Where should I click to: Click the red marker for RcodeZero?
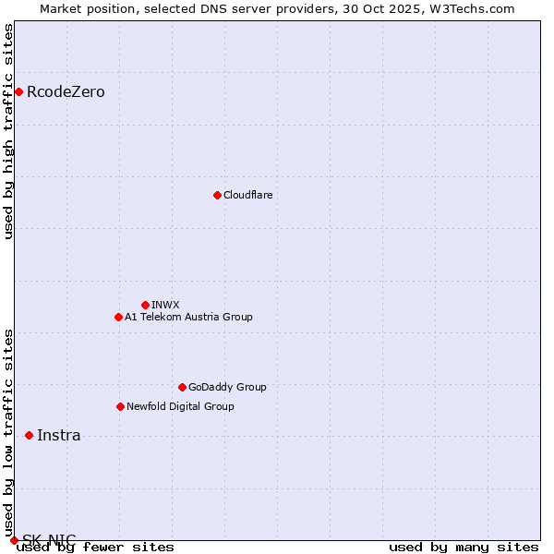18,91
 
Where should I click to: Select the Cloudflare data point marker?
217,195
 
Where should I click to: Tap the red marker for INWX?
145,305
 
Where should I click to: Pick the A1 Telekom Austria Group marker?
118,317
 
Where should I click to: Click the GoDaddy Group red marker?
182,387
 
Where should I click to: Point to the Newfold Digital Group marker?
120,406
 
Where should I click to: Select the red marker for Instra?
29,435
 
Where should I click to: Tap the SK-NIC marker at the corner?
14,540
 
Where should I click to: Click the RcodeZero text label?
66,91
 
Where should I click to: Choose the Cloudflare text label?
247,195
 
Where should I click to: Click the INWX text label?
165,305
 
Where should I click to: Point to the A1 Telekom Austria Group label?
188,317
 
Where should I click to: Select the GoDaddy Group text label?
227,387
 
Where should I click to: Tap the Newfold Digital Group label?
180,406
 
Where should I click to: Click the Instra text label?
58,435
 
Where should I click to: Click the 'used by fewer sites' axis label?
95,547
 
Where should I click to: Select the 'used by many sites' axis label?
463,547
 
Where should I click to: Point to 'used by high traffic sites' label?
9,131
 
